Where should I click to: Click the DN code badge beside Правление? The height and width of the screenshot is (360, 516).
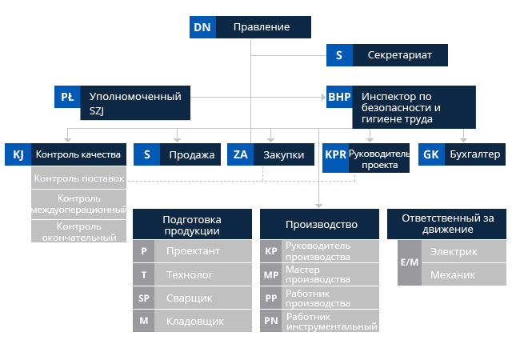(x=202, y=27)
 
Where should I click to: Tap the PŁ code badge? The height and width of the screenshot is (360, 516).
(x=67, y=97)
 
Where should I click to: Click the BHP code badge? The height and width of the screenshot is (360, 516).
(x=339, y=97)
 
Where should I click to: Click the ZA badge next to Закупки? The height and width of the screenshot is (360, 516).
(x=240, y=154)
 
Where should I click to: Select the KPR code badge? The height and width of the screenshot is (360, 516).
(x=336, y=154)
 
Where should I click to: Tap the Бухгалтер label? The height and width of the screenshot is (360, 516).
(x=473, y=154)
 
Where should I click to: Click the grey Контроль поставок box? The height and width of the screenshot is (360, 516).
(x=78, y=178)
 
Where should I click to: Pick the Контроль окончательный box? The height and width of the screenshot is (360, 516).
(x=78, y=232)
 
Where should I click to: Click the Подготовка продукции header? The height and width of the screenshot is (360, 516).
(x=191, y=225)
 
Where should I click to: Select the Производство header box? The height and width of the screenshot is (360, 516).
(x=321, y=225)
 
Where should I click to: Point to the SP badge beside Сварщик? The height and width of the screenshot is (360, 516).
(x=144, y=298)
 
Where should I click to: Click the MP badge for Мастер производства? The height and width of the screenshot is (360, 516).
(x=271, y=274)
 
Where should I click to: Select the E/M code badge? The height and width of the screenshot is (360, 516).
(x=409, y=262)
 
